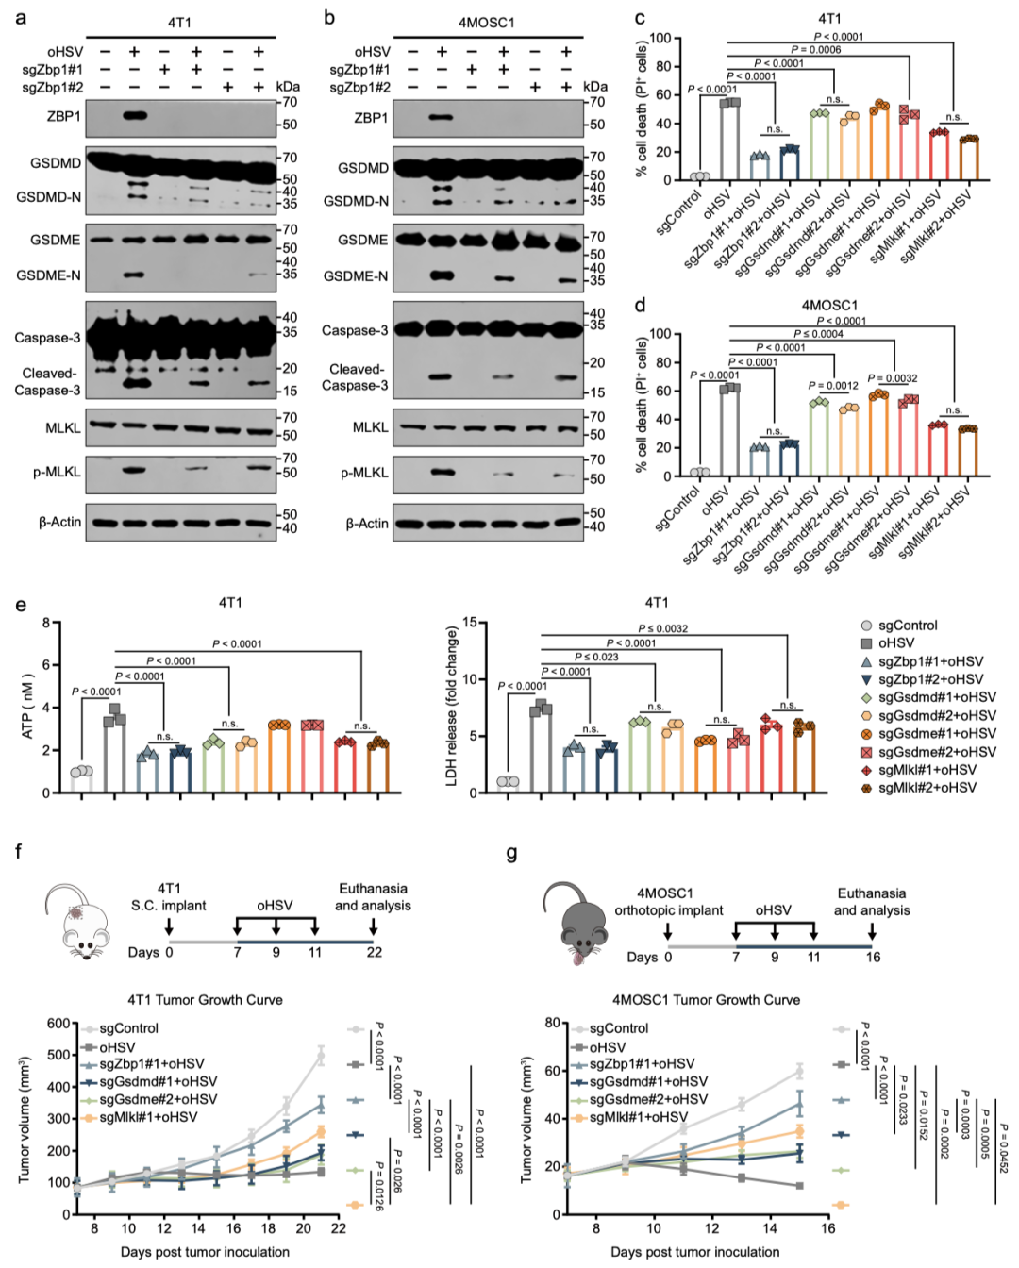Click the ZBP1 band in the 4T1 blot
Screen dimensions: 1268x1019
pos(134,116)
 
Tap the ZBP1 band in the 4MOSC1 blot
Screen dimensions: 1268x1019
pos(441,118)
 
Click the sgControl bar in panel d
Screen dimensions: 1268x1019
pos(699,473)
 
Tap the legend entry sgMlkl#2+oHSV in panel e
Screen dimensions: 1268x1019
pos(927,787)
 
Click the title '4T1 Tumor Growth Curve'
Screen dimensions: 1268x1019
pos(205,1000)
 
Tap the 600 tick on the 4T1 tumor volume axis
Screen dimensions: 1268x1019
pos(58,1024)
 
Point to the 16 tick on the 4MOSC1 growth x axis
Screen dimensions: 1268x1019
pos(827,1228)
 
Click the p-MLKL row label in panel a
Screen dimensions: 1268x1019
pos(58,472)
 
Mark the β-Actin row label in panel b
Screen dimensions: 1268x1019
pos(366,523)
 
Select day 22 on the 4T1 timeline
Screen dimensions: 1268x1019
pos(375,952)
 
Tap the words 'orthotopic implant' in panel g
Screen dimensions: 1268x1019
pos(668,910)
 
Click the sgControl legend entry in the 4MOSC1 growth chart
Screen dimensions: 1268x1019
pos(618,1028)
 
